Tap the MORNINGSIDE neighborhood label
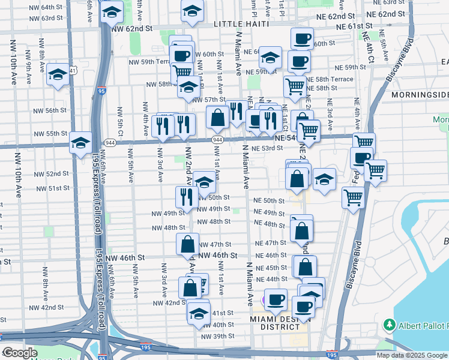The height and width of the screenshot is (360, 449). (x=420, y=95)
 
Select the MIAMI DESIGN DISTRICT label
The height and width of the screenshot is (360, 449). (x=276, y=322)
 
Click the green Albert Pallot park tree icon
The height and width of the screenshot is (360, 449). (x=388, y=325)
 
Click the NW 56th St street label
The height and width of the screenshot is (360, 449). (x=50, y=110)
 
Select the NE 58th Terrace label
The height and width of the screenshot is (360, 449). (x=330, y=79)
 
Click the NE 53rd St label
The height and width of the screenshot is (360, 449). (x=267, y=148)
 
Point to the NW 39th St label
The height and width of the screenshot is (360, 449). (x=217, y=336)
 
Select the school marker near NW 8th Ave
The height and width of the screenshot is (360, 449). (x=58, y=74)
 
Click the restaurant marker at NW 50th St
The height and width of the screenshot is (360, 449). (x=187, y=197)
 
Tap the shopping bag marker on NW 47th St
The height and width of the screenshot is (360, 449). (x=187, y=244)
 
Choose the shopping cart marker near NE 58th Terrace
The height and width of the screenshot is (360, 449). (x=295, y=86)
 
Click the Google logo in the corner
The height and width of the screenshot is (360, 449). (x=19, y=353)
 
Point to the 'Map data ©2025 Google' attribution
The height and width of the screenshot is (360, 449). (x=411, y=355)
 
